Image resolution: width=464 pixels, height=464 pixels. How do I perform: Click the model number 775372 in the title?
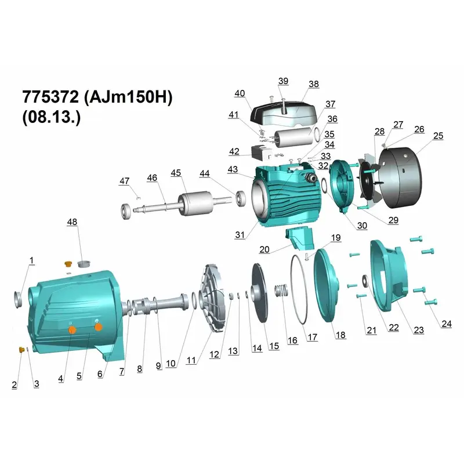click(50, 97)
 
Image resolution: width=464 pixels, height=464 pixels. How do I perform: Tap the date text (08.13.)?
click(51, 117)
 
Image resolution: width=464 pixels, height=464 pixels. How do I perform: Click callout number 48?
click(72, 222)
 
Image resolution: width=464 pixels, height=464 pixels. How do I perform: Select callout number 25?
click(438, 136)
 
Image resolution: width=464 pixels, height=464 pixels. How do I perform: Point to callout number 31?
click(240, 235)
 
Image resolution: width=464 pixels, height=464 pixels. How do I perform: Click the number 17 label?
click(313, 337)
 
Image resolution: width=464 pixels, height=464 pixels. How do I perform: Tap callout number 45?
click(176, 173)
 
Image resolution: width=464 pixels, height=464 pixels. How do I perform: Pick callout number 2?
click(14, 385)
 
